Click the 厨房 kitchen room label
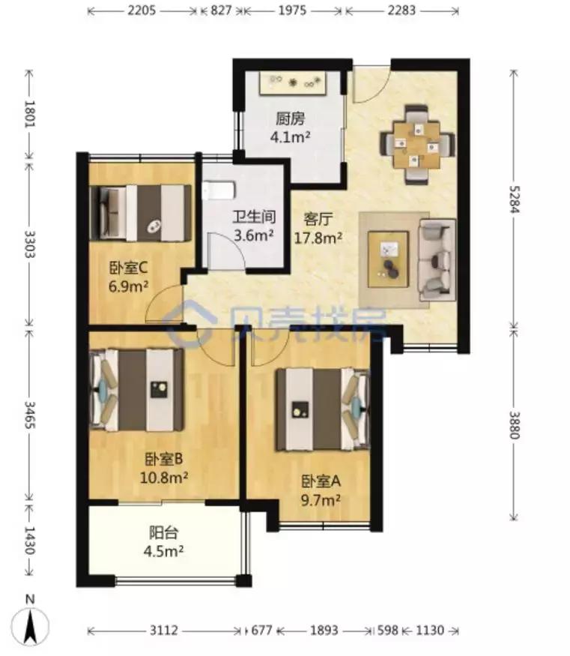tap(290, 119)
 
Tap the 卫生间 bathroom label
tap(254, 217)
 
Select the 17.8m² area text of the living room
tap(318, 238)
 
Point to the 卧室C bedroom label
tap(128, 268)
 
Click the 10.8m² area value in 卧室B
tap(163, 478)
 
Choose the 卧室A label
tap(321, 481)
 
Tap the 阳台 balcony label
tap(164, 533)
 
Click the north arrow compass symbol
tap(30, 622)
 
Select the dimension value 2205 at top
tap(142, 10)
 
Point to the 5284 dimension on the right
tap(514, 199)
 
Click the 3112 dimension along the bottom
tap(164, 630)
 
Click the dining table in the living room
tap(416, 145)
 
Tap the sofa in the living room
tap(437, 259)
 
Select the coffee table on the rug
tap(388, 259)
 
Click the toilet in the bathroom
tap(219, 190)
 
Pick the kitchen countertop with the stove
tap(293, 82)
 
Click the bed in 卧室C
tap(141, 214)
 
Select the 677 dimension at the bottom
tap(261, 630)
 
